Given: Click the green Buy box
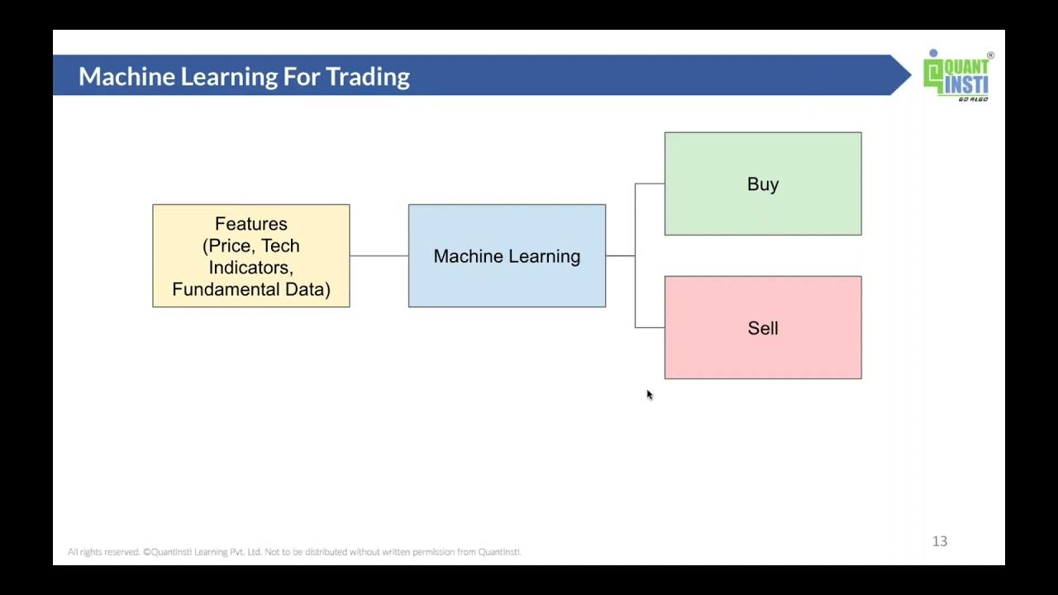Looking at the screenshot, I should tap(762, 183).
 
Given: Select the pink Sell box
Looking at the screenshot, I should tap(762, 327).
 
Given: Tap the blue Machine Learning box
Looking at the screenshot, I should tap(507, 255).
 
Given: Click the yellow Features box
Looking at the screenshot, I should tap(250, 255).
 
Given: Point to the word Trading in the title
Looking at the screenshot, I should tap(368, 77).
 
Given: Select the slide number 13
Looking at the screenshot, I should tap(939, 541).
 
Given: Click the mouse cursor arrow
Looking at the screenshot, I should tap(650, 395).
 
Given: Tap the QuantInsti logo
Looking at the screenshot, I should tap(957, 75).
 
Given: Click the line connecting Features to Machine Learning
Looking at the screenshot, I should tap(379, 255).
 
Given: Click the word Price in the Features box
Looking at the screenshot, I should tap(231, 245).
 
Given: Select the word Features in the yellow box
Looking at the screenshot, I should tap(250, 224).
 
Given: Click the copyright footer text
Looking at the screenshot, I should tap(294, 552).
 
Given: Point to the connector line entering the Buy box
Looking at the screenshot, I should tap(650, 183).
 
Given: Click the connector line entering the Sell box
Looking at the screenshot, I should tap(650, 327).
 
